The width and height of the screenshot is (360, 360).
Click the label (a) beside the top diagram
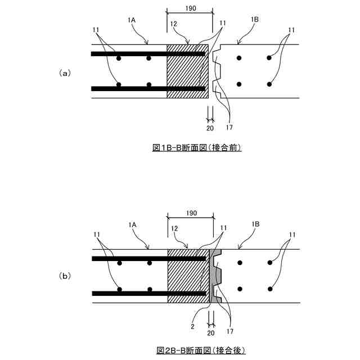(x=65, y=73)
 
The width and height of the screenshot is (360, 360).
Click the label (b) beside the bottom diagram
(x=65, y=276)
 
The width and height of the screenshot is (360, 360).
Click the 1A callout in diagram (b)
(x=132, y=224)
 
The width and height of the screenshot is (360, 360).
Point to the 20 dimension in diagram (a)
(x=210, y=128)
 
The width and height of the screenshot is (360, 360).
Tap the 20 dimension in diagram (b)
(x=210, y=332)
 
